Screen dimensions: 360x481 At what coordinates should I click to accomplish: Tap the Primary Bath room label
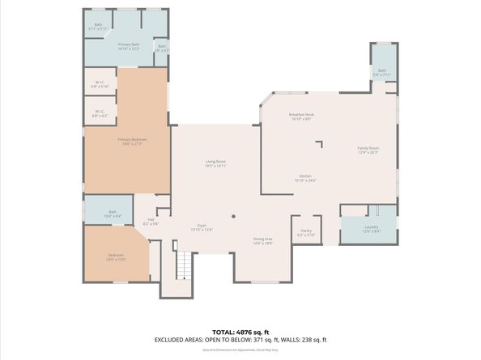pyautogui.click(x=129, y=45)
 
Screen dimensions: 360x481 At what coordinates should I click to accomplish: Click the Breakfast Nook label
pyautogui.click(x=301, y=115)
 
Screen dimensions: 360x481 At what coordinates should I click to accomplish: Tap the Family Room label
pyautogui.click(x=368, y=149)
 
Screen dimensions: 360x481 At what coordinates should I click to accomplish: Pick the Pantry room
pyautogui.click(x=306, y=232)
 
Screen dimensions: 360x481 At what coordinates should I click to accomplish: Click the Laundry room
pyautogui.click(x=371, y=228)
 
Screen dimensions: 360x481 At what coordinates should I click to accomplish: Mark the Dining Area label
pyautogui.click(x=262, y=239)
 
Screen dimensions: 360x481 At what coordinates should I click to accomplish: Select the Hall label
pyautogui.click(x=151, y=221)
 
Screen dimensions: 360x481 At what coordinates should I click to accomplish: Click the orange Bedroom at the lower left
pyautogui.click(x=115, y=256)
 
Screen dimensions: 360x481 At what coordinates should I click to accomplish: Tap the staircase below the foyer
pyautogui.click(x=185, y=264)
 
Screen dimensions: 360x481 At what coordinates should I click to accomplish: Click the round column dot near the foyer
pyautogui.click(x=233, y=216)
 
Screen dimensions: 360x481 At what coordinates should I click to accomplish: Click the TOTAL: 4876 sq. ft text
pyautogui.click(x=240, y=332)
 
